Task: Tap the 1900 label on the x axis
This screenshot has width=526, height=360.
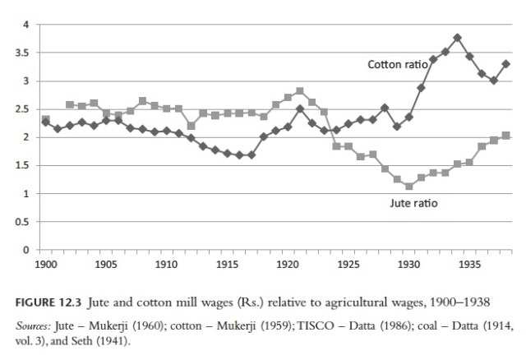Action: click(45, 265)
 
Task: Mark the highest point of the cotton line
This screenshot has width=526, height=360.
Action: click(457, 38)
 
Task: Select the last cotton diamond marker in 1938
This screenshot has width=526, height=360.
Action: click(505, 64)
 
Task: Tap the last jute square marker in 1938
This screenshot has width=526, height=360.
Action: click(505, 136)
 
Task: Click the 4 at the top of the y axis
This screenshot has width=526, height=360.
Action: click(27, 25)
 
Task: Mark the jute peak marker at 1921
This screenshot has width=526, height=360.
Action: click(300, 91)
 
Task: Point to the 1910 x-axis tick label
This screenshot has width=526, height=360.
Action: click(166, 265)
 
